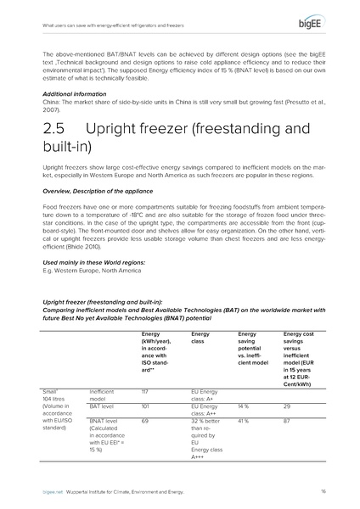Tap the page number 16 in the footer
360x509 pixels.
click(324, 491)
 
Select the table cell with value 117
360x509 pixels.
click(146, 391)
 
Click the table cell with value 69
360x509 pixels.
click(146, 421)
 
